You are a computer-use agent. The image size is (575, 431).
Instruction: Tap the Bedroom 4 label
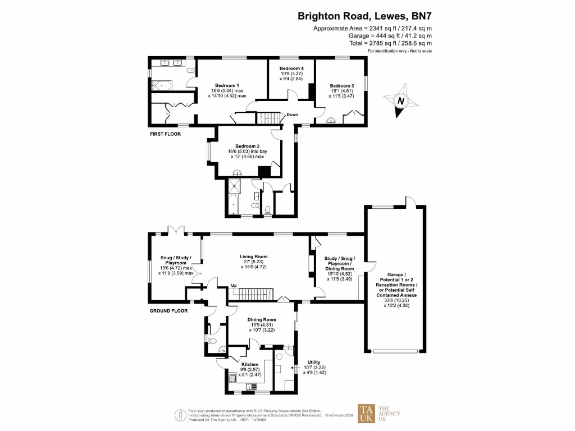tap(291, 68)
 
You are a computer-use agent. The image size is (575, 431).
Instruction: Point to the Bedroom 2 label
tap(240, 145)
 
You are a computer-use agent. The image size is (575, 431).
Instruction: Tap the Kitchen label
tap(250, 364)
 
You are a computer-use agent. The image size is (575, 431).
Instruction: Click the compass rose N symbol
tap(401, 102)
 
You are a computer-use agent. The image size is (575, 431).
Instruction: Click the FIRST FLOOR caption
tap(165, 134)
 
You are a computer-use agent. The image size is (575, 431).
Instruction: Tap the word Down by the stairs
tap(292, 114)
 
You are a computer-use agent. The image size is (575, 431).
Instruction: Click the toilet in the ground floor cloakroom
tap(212, 341)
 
